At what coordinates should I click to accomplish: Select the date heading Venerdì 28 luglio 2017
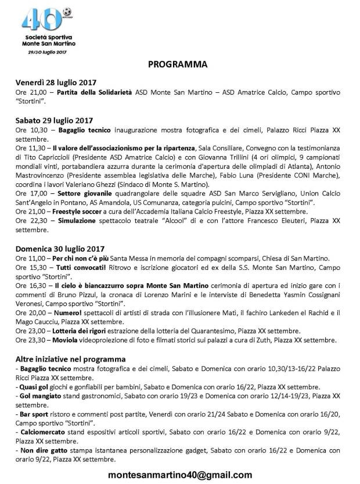click(x=55, y=81)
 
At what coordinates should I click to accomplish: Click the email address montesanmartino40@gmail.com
click(x=180, y=474)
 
